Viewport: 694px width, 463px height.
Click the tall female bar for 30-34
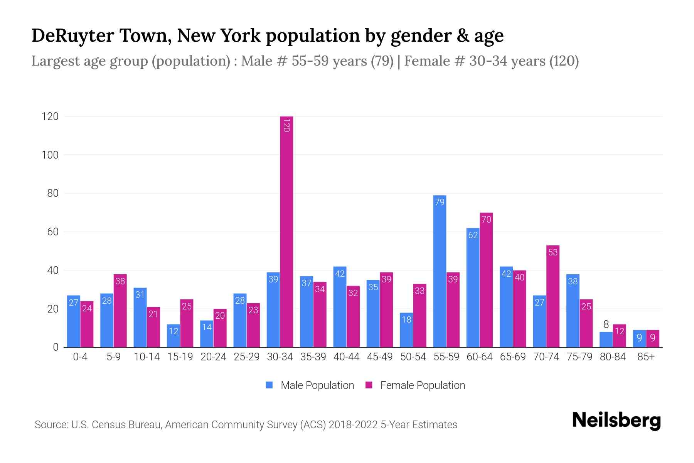point(286,231)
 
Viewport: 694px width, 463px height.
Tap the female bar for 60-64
point(486,280)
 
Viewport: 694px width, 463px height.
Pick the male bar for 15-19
point(173,336)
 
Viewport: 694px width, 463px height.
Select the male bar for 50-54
point(406,330)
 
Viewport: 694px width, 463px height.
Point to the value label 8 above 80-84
point(606,324)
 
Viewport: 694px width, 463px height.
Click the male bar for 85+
point(639,339)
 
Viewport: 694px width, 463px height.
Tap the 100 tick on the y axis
point(50,155)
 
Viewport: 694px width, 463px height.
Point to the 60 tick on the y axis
point(52,232)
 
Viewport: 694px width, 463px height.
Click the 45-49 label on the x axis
point(380,357)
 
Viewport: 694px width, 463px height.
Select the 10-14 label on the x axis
point(147,357)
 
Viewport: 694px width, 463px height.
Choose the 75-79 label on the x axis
point(579,357)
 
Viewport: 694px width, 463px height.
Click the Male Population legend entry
point(317,385)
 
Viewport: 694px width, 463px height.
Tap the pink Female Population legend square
point(369,385)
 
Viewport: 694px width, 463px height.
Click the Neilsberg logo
point(616,421)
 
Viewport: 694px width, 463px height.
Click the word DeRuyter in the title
point(73,35)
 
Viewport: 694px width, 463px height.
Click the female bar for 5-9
point(120,311)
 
